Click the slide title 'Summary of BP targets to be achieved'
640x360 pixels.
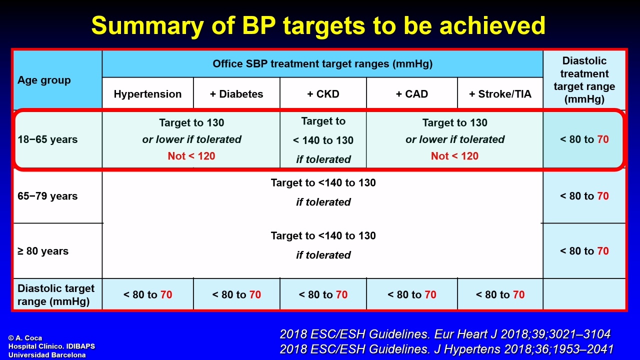(x=318, y=25)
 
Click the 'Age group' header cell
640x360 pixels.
(x=44, y=80)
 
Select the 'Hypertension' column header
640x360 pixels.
(x=147, y=94)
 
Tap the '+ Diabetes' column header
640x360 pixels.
(x=236, y=94)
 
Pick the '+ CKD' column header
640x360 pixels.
(x=323, y=94)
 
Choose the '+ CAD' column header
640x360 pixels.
(x=411, y=94)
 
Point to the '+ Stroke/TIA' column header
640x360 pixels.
(x=500, y=94)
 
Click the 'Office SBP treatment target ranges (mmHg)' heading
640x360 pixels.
(x=322, y=63)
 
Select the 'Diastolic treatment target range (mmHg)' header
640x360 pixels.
(x=584, y=80)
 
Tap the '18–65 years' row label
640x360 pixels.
(x=47, y=139)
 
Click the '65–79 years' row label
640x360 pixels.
(x=47, y=196)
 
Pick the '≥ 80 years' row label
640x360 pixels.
(x=43, y=251)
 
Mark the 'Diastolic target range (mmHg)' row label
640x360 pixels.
(x=55, y=295)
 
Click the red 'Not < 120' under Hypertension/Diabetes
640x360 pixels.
(x=191, y=156)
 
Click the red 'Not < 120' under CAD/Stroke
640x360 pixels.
(x=454, y=156)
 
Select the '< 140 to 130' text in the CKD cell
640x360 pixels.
(x=323, y=140)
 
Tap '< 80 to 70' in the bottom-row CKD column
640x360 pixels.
(x=323, y=294)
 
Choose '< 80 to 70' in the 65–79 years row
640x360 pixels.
(x=584, y=196)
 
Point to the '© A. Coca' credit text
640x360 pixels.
(x=25, y=338)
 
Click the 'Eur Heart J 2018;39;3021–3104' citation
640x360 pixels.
(x=522, y=334)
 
